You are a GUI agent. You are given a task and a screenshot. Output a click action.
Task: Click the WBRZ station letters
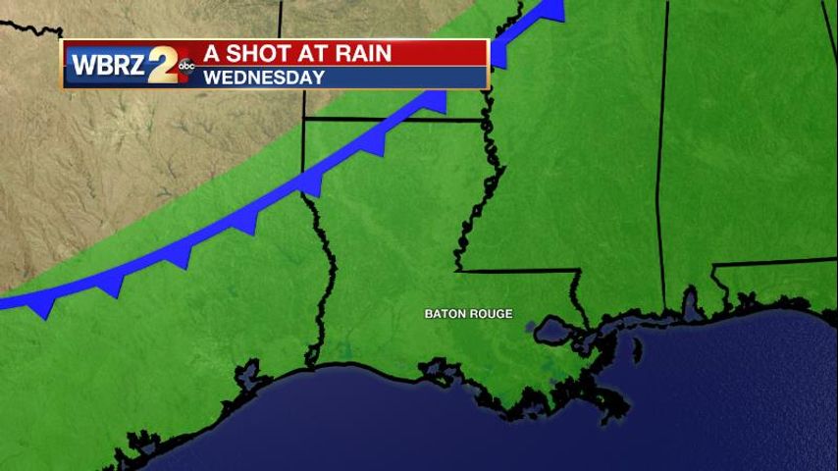(107, 66)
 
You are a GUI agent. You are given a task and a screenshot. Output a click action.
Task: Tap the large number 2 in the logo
(164, 66)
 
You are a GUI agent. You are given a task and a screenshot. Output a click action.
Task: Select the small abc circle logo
(186, 66)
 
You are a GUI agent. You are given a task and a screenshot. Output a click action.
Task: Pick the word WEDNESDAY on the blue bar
(264, 78)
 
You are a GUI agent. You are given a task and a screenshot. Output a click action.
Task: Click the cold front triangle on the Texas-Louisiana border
(311, 183)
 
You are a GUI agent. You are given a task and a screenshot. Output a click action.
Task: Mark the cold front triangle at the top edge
(553, 10)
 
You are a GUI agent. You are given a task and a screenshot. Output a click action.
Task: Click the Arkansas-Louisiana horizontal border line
(393, 120)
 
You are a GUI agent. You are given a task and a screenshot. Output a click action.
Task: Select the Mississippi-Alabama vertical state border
(660, 177)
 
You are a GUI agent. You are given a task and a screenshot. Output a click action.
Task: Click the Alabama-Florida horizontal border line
(775, 263)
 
